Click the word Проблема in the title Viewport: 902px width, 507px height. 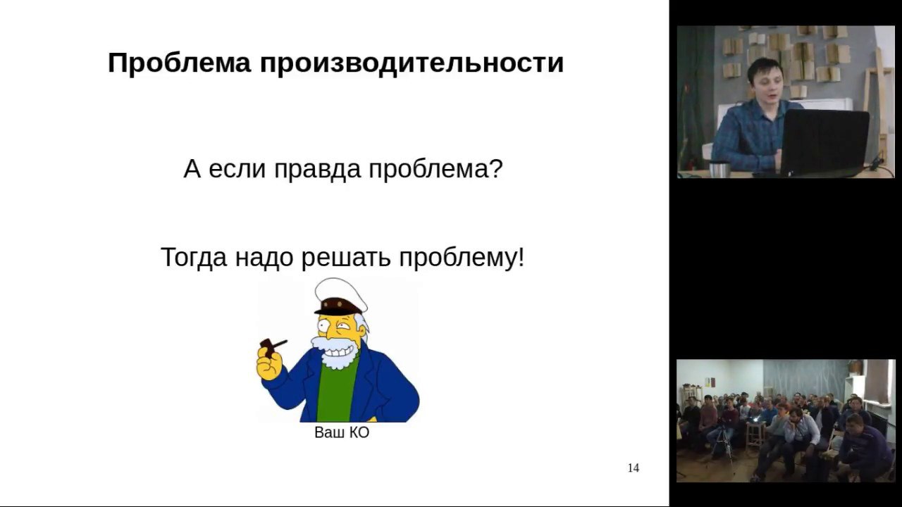pyautogui.click(x=179, y=63)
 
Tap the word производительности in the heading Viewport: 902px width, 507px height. pyautogui.click(x=412, y=64)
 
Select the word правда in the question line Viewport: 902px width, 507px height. pyautogui.click(x=317, y=169)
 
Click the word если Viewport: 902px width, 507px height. pyautogui.click(x=237, y=169)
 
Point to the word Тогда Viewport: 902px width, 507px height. pyautogui.click(x=194, y=258)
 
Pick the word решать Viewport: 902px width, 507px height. pyautogui.click(x=346, y=258)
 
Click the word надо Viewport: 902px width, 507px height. pyautogui.click(x=264, y=258)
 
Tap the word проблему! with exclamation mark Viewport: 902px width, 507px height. pyautogui.click(x=462, y=258)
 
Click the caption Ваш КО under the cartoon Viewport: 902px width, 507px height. pyautogui.click(x=342, y=432)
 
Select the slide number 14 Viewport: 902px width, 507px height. pyautogui.click(x=634, y=468)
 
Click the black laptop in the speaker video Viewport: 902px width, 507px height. pyautogui.click(x=824, y=142)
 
